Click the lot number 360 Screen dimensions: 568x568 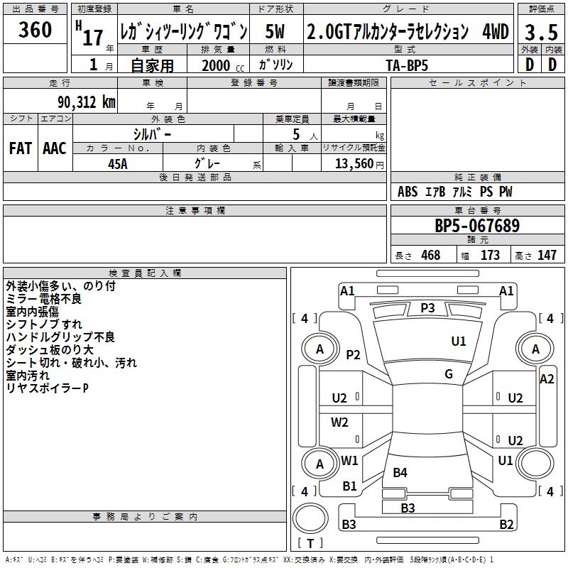35,30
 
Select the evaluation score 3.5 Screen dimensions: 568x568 540,33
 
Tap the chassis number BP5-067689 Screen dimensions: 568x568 477,226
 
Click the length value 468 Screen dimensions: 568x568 430,256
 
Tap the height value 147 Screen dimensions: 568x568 546,256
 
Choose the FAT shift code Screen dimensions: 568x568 20,148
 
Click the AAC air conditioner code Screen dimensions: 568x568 55,148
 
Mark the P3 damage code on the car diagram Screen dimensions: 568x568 427,307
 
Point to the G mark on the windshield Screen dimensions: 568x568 449,374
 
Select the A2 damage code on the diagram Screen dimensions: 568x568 546,379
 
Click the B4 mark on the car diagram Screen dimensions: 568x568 400,472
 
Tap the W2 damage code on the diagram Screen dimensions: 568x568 340,422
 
